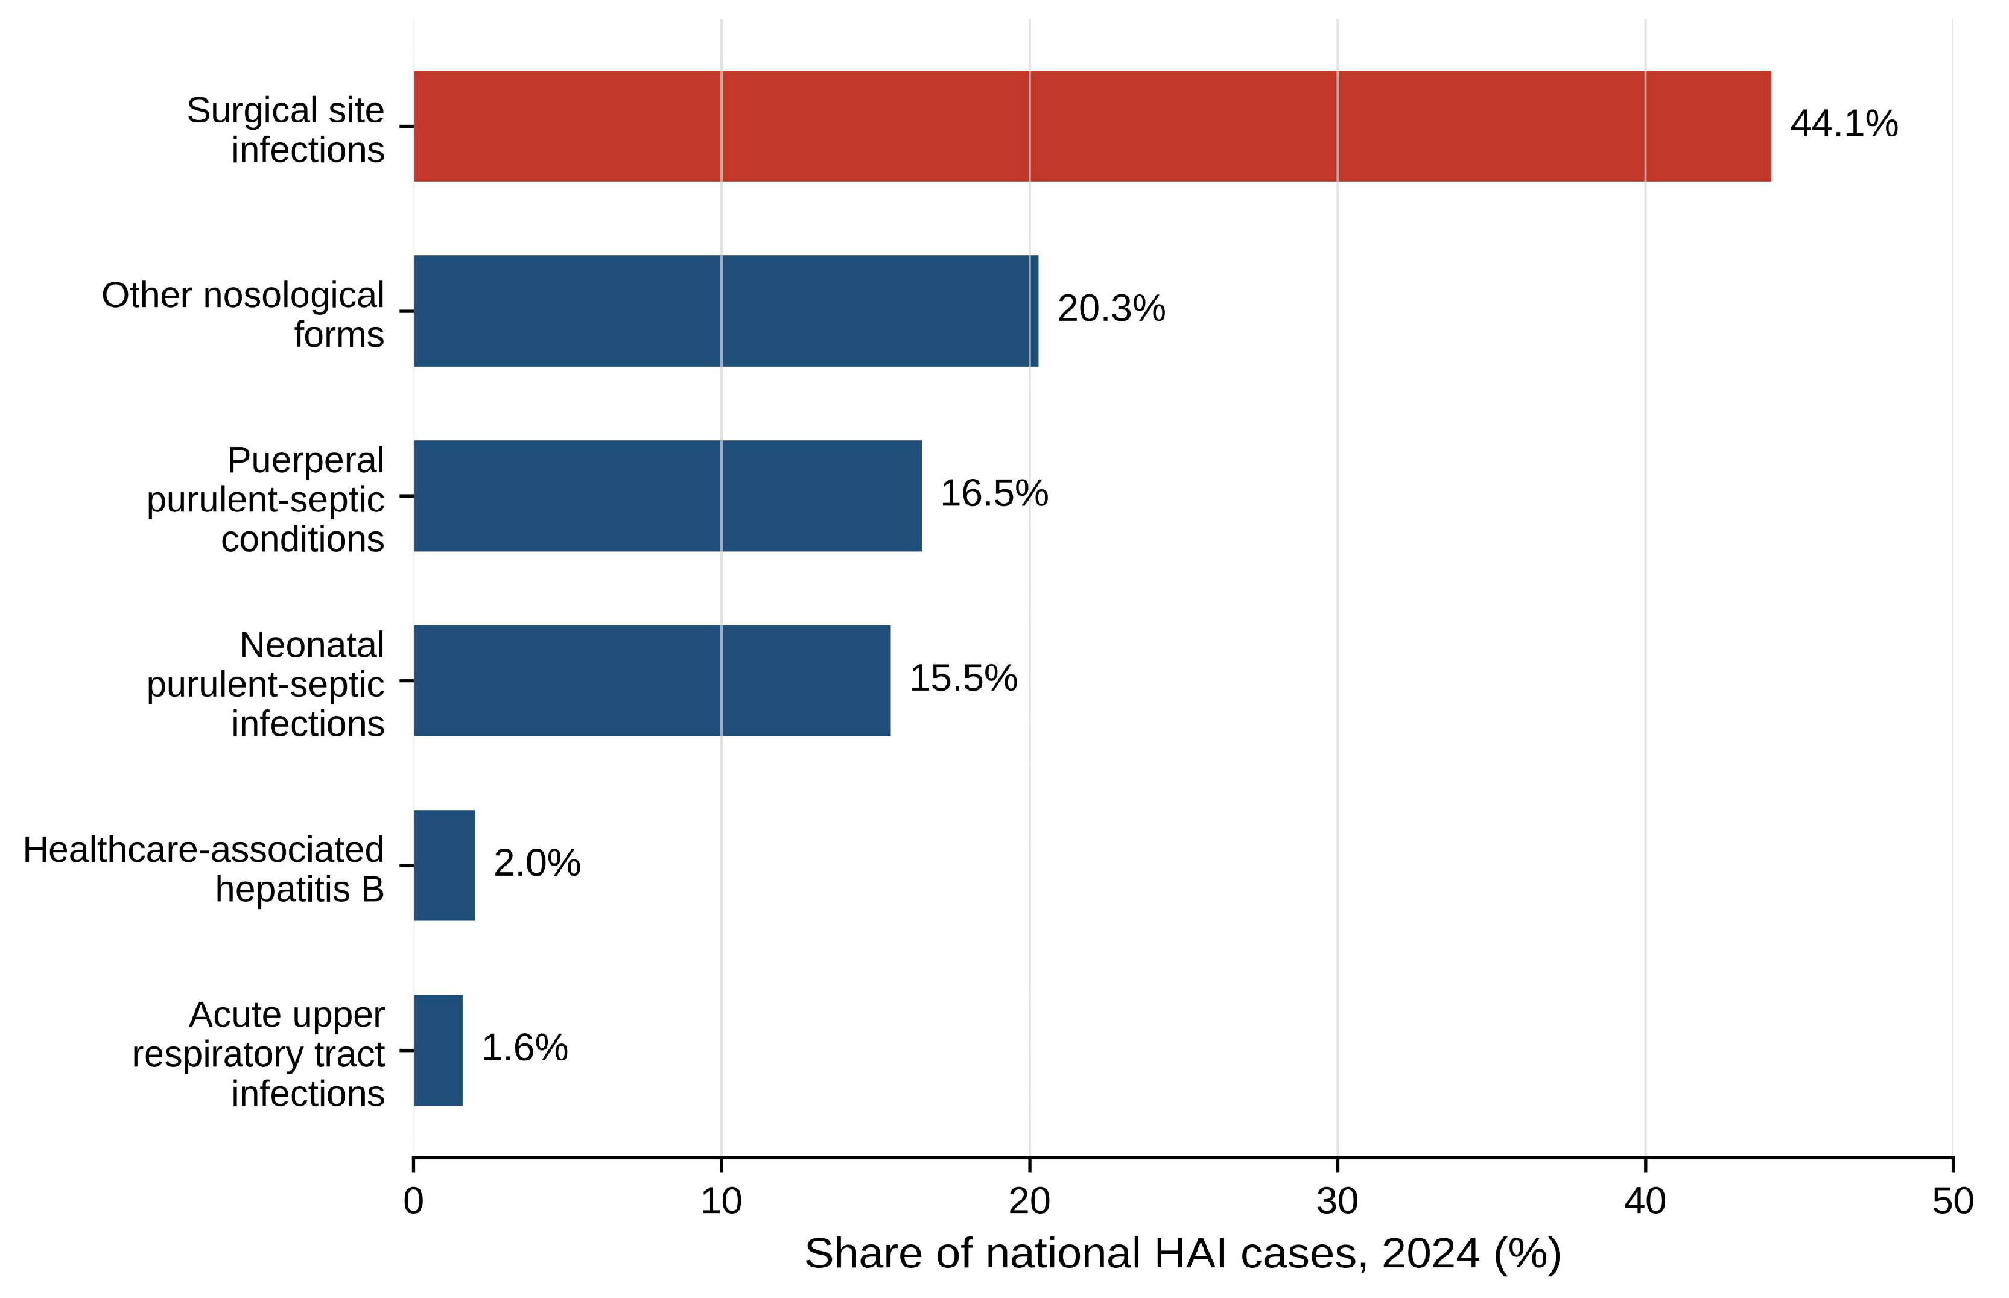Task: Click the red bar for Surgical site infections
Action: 1092,127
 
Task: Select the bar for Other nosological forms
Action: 726,311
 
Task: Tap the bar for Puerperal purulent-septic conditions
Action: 668,496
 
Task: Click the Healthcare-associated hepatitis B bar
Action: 444,865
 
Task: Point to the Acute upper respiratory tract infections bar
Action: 439,1050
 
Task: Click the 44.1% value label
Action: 1844,124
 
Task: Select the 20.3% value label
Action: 1111,308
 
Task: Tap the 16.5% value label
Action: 994,493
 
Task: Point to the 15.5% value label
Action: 963,678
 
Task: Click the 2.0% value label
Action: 537,863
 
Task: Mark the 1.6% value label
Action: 524,1048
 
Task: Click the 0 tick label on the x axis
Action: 413,1201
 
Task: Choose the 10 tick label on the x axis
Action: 722,1201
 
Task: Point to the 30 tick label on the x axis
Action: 1337,1201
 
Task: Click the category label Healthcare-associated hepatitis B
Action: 204,869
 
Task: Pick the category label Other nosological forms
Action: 243,314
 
